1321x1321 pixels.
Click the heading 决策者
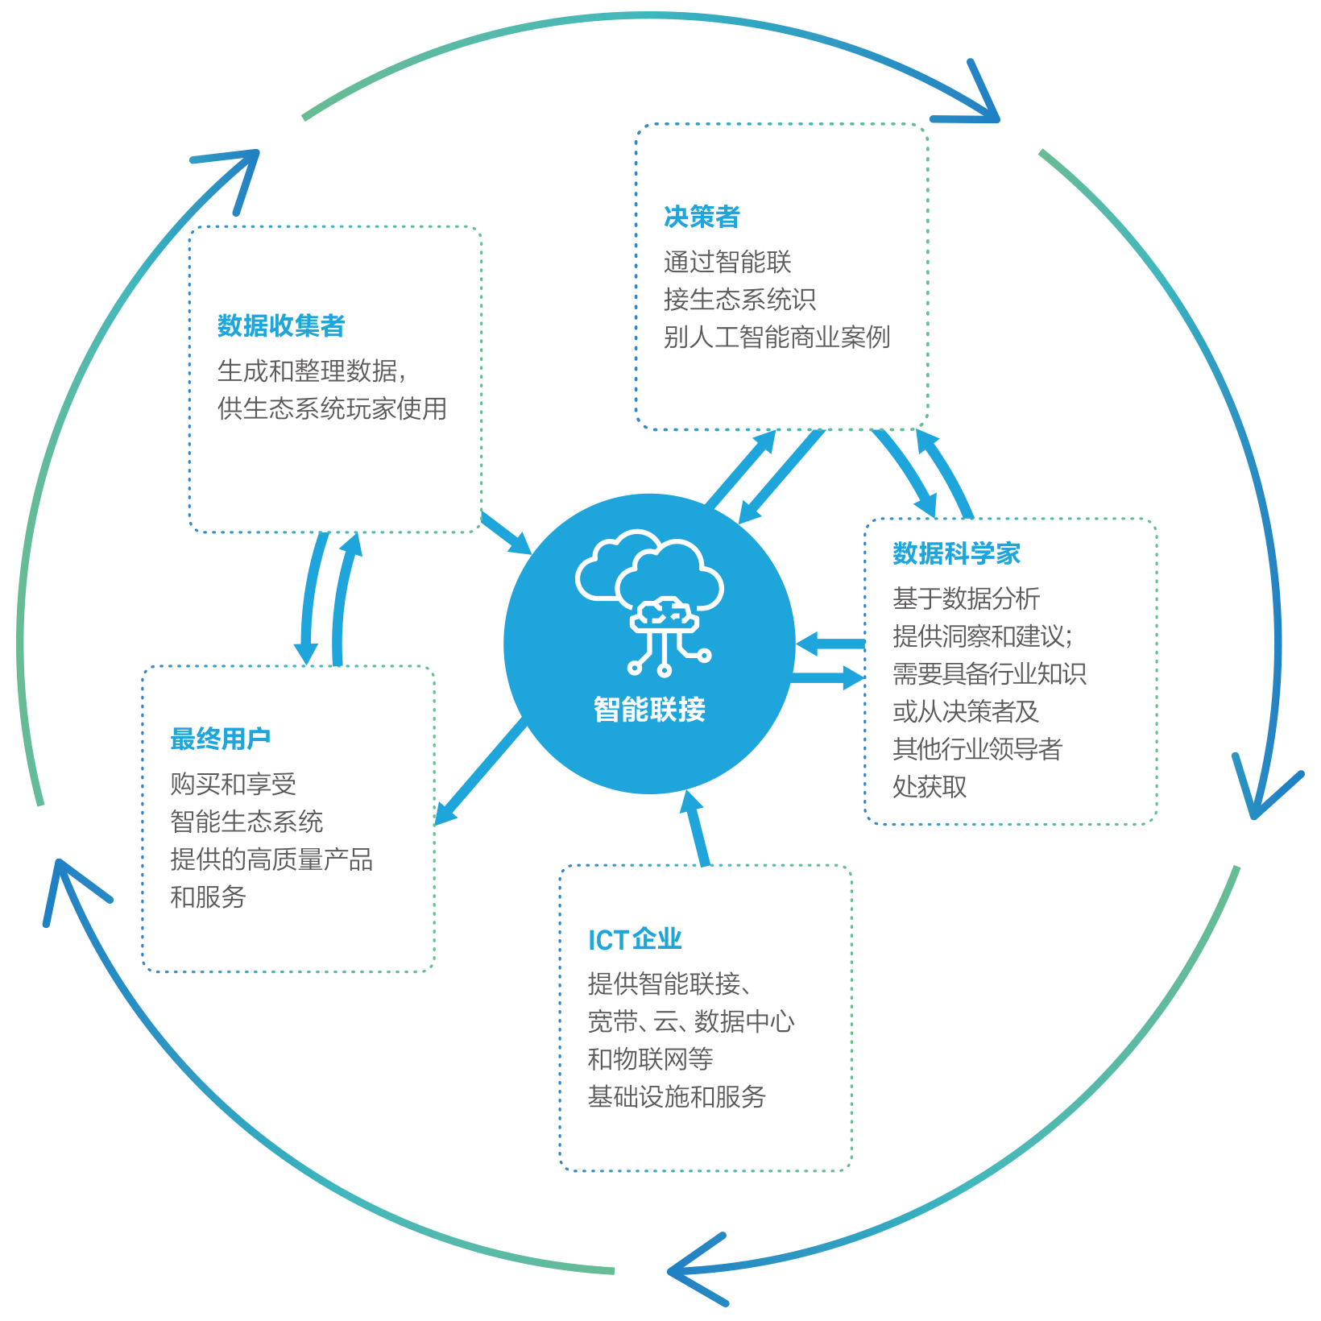point(702,217)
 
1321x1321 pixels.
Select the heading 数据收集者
point(281,325)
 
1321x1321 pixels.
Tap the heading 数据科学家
point(956,553)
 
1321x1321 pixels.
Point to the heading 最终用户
point(220,738)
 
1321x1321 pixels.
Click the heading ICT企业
point(635,939)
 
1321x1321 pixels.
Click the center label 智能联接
point(649,709)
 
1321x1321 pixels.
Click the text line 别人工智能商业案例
point(776,337)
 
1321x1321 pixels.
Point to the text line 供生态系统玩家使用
point(332,408)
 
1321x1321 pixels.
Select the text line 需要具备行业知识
point(989,673)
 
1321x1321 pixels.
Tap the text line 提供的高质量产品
point(271,859)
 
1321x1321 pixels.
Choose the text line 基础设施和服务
point(677,1096)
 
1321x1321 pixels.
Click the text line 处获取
point(930,786)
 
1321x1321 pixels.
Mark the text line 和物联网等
point(650,1058)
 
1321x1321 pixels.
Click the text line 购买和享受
point(233,784)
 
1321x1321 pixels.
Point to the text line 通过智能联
point(727,262)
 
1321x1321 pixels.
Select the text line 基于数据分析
point(966,598)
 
